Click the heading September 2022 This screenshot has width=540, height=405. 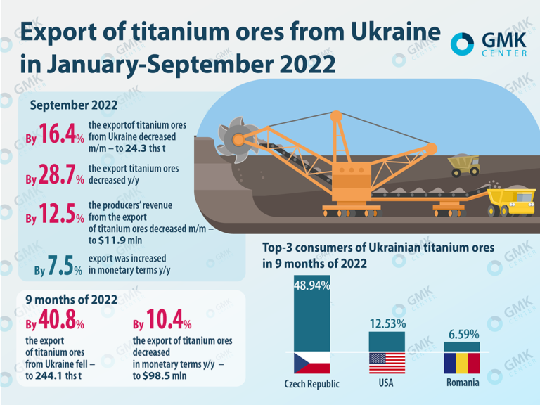tap(74, 105)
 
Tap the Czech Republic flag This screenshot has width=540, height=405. tap(311, 362)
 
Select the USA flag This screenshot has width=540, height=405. tap(387, 362)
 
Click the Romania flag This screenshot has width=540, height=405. tap(461, 362)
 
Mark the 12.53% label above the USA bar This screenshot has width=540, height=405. tap(387, 323)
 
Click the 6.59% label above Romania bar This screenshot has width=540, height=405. tap(462, 333)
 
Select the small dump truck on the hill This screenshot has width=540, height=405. tap(464, 166)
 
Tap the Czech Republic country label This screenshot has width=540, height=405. tap(311, 384)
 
